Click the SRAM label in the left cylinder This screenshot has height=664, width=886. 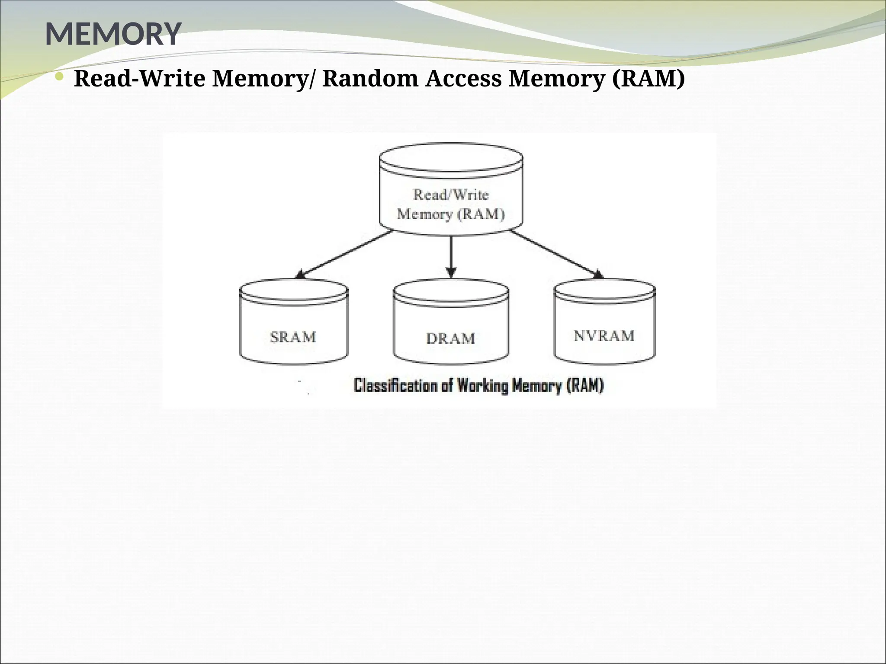[293, 337]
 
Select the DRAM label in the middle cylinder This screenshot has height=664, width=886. [450, 338]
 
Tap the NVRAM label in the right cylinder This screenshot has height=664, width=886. [604, 335]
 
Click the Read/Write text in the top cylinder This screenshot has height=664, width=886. [451, 195]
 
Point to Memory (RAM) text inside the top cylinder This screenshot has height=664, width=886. [451, 214]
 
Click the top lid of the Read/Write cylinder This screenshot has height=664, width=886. [451, 157]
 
